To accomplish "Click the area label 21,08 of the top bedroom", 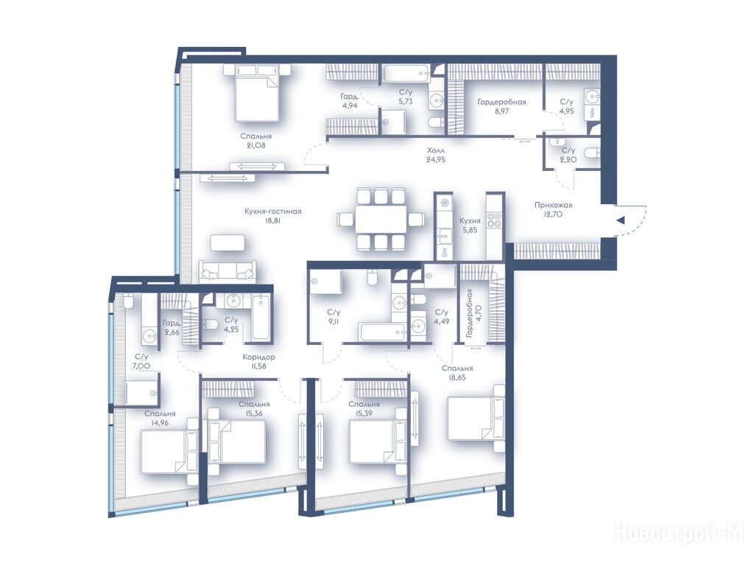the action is point(255,145).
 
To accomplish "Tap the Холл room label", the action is point(436,150).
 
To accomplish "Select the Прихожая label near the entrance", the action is point(553,205).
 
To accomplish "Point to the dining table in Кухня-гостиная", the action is point(381,220).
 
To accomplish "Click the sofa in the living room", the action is point(228,271).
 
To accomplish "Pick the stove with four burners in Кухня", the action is point(494,220).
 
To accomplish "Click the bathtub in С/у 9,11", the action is point(383,332).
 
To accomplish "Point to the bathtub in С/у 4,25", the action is point(261,318).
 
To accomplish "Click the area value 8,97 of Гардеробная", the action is point(501,111).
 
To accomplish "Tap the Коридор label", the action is point(258,357).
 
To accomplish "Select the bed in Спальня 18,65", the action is point(476,418).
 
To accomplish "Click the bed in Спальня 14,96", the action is point(169,452).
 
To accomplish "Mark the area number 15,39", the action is point(364,413).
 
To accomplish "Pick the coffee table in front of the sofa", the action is point(228,242).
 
